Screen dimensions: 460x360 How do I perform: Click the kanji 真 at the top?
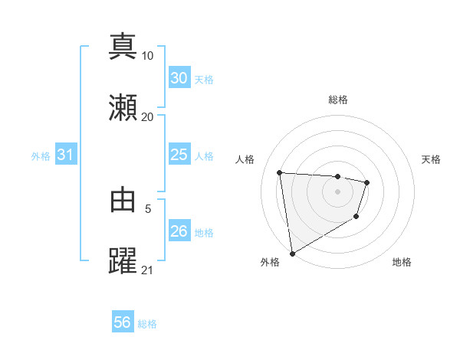point(123,46)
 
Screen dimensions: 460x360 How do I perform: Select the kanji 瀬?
point(123,107)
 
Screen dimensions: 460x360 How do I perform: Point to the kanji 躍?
point(123,260)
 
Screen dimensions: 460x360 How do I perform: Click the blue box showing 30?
point(179,78)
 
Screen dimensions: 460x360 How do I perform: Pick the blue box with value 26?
point(179,231)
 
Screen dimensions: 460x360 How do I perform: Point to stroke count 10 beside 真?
point(148,56)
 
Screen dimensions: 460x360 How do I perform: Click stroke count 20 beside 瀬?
point(148,117)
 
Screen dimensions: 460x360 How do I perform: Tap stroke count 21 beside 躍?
point(148,270)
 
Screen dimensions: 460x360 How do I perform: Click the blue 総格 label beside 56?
point(148,324)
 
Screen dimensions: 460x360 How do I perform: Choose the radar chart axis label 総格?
point(338,100)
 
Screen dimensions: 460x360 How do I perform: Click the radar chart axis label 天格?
point(431,159)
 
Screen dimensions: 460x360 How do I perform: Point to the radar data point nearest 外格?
point(291,253)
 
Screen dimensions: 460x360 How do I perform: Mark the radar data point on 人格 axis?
point(280,172)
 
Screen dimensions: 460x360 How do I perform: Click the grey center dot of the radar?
point(338,191)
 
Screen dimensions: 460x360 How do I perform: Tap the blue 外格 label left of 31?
point(41,156)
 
